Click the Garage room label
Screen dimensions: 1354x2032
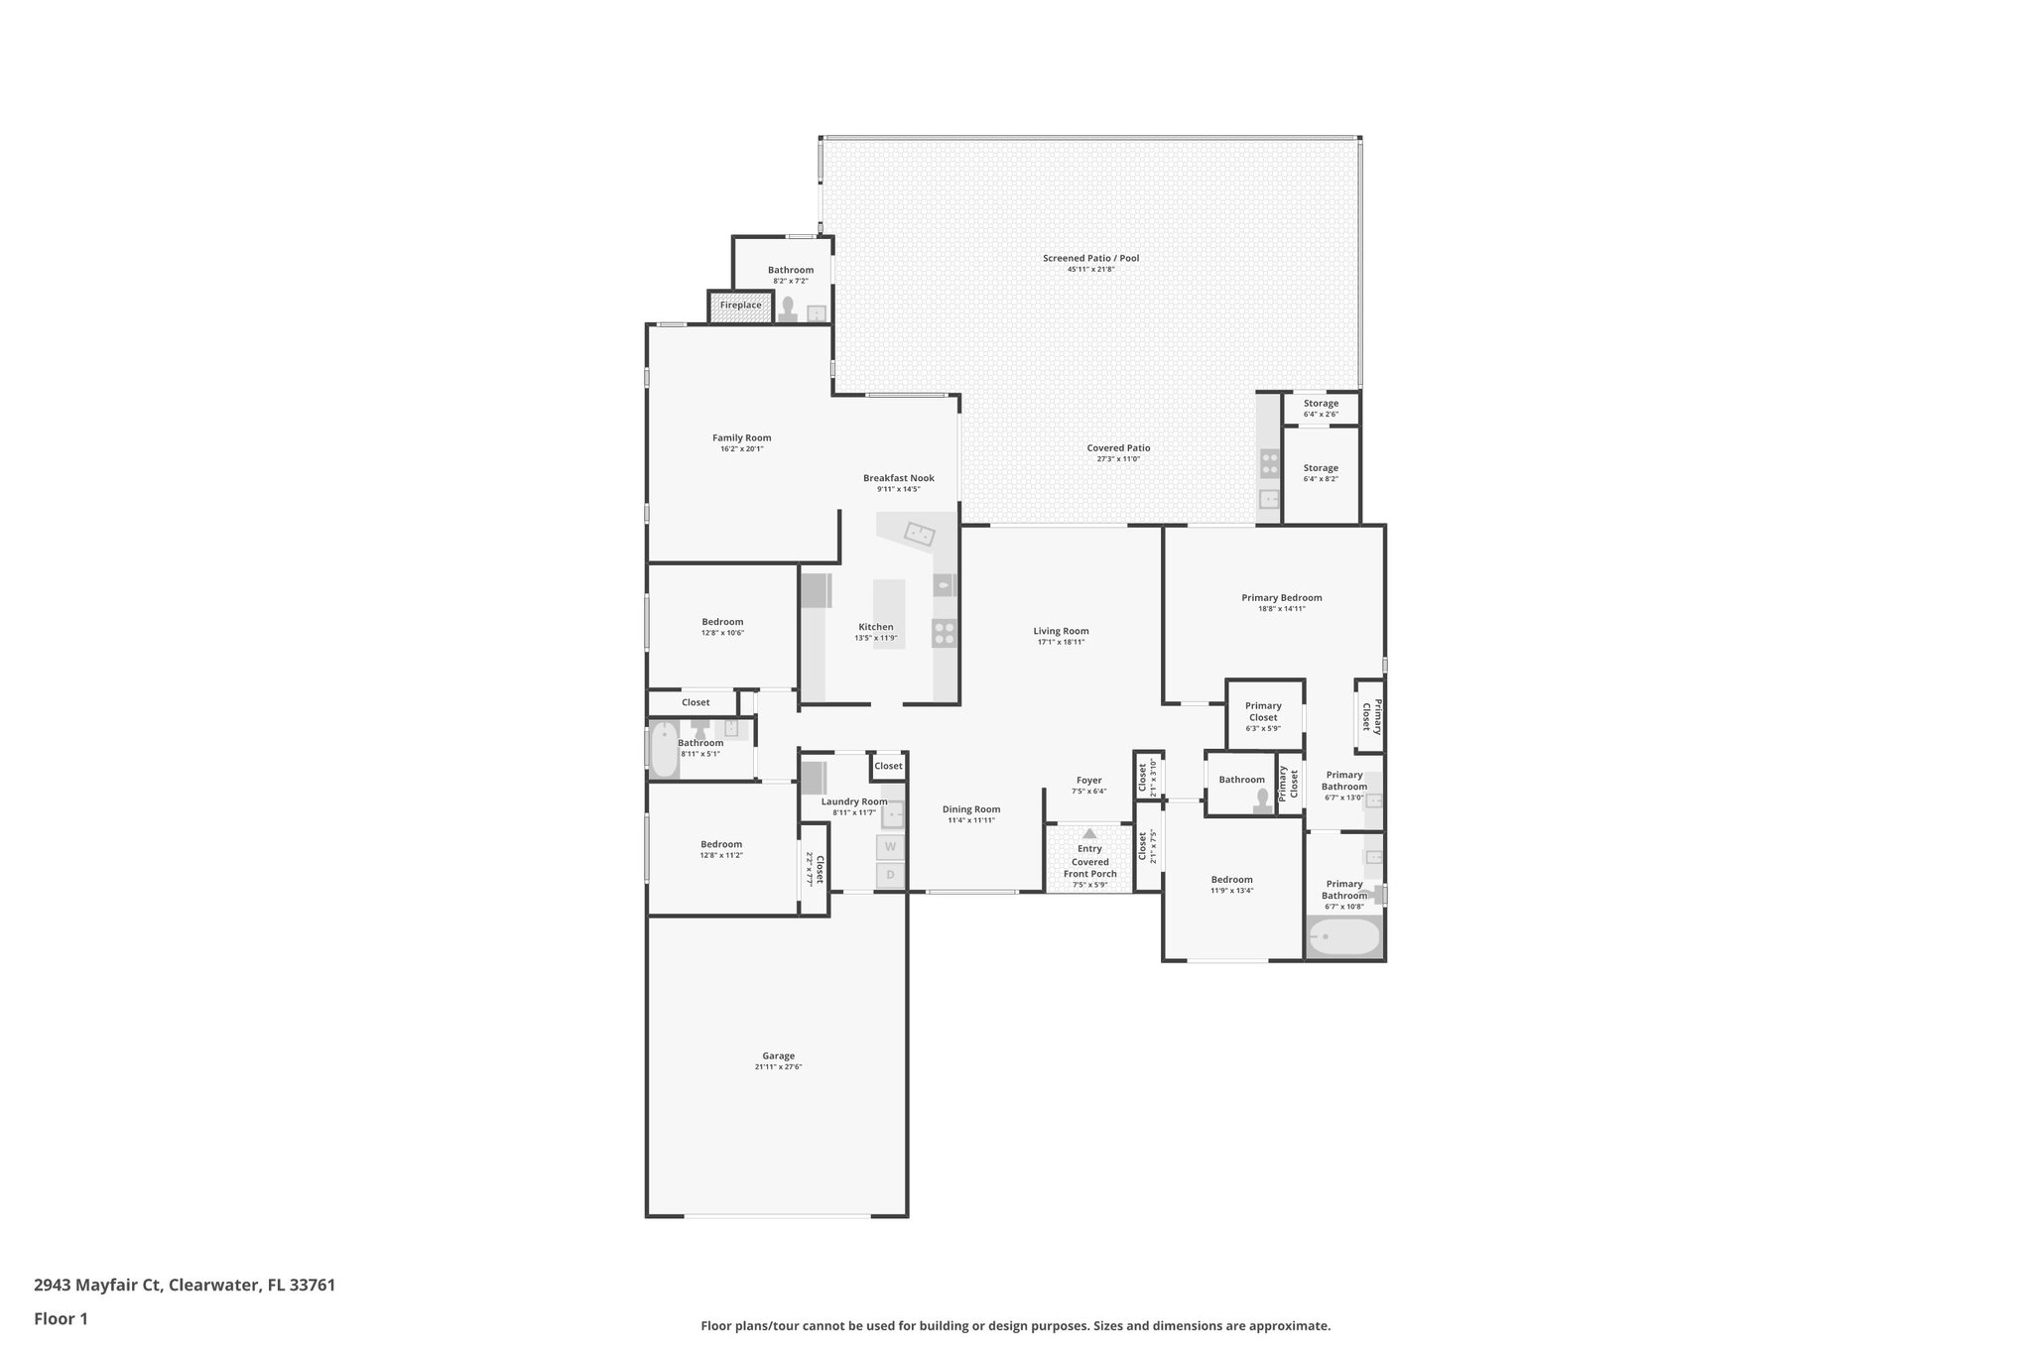pos(778,1055)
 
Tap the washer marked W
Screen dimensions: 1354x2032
pos(890,846)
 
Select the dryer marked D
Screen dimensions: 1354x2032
pos(890,875)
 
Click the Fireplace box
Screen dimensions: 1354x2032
pos(740,306)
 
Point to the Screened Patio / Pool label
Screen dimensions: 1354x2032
pos(1090,258)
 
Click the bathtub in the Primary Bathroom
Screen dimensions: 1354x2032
pos(1343,936)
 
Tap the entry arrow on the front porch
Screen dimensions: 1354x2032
pos(1089,833)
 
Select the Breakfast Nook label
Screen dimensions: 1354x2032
pos(898,478)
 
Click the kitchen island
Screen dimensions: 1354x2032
pos(889,613)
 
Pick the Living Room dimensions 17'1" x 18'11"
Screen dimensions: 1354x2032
pos(1061,642)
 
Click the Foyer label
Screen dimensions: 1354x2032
pos(1088,780)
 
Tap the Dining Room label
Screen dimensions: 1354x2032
pos(970,808)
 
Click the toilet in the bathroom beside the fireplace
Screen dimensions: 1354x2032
pos(789,309)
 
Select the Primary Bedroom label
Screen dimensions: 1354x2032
pos(1281,597)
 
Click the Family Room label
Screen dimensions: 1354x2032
pos(741,437)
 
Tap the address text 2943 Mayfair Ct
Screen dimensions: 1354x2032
pos(97,1286)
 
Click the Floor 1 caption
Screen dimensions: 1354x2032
pos(61,1318)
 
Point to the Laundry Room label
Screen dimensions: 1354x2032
pos(853,801)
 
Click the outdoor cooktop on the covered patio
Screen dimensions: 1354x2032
pos(1269,462)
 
